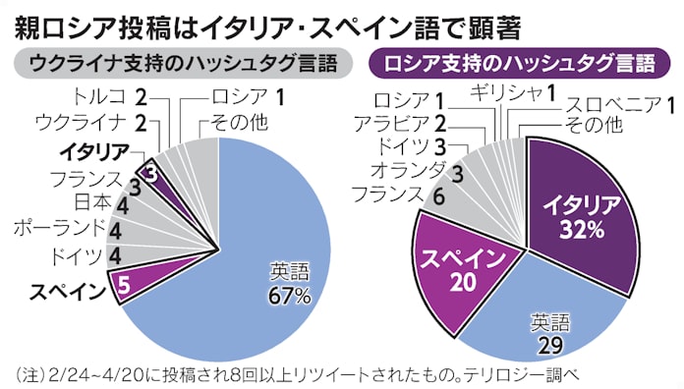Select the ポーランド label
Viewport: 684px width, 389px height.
click(x=58, y=229)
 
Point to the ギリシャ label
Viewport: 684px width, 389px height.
click(x=506, y=94)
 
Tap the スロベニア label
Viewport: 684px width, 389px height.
click(x=610, y=104)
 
